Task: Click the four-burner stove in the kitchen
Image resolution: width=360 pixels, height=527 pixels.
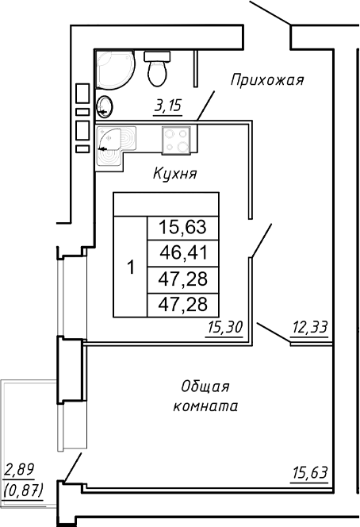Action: coord(175,140)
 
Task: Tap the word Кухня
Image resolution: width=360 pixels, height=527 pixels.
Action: coord(174,173)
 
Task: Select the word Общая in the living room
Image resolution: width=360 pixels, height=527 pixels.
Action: coord(205,387)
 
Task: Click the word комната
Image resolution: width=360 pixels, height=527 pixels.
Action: coord(205,406)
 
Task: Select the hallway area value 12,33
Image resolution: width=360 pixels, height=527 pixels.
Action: coord(310,326)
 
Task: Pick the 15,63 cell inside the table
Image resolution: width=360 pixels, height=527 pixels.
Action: coord(182,229)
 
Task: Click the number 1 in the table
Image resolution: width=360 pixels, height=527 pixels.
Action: coord(131,267)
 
